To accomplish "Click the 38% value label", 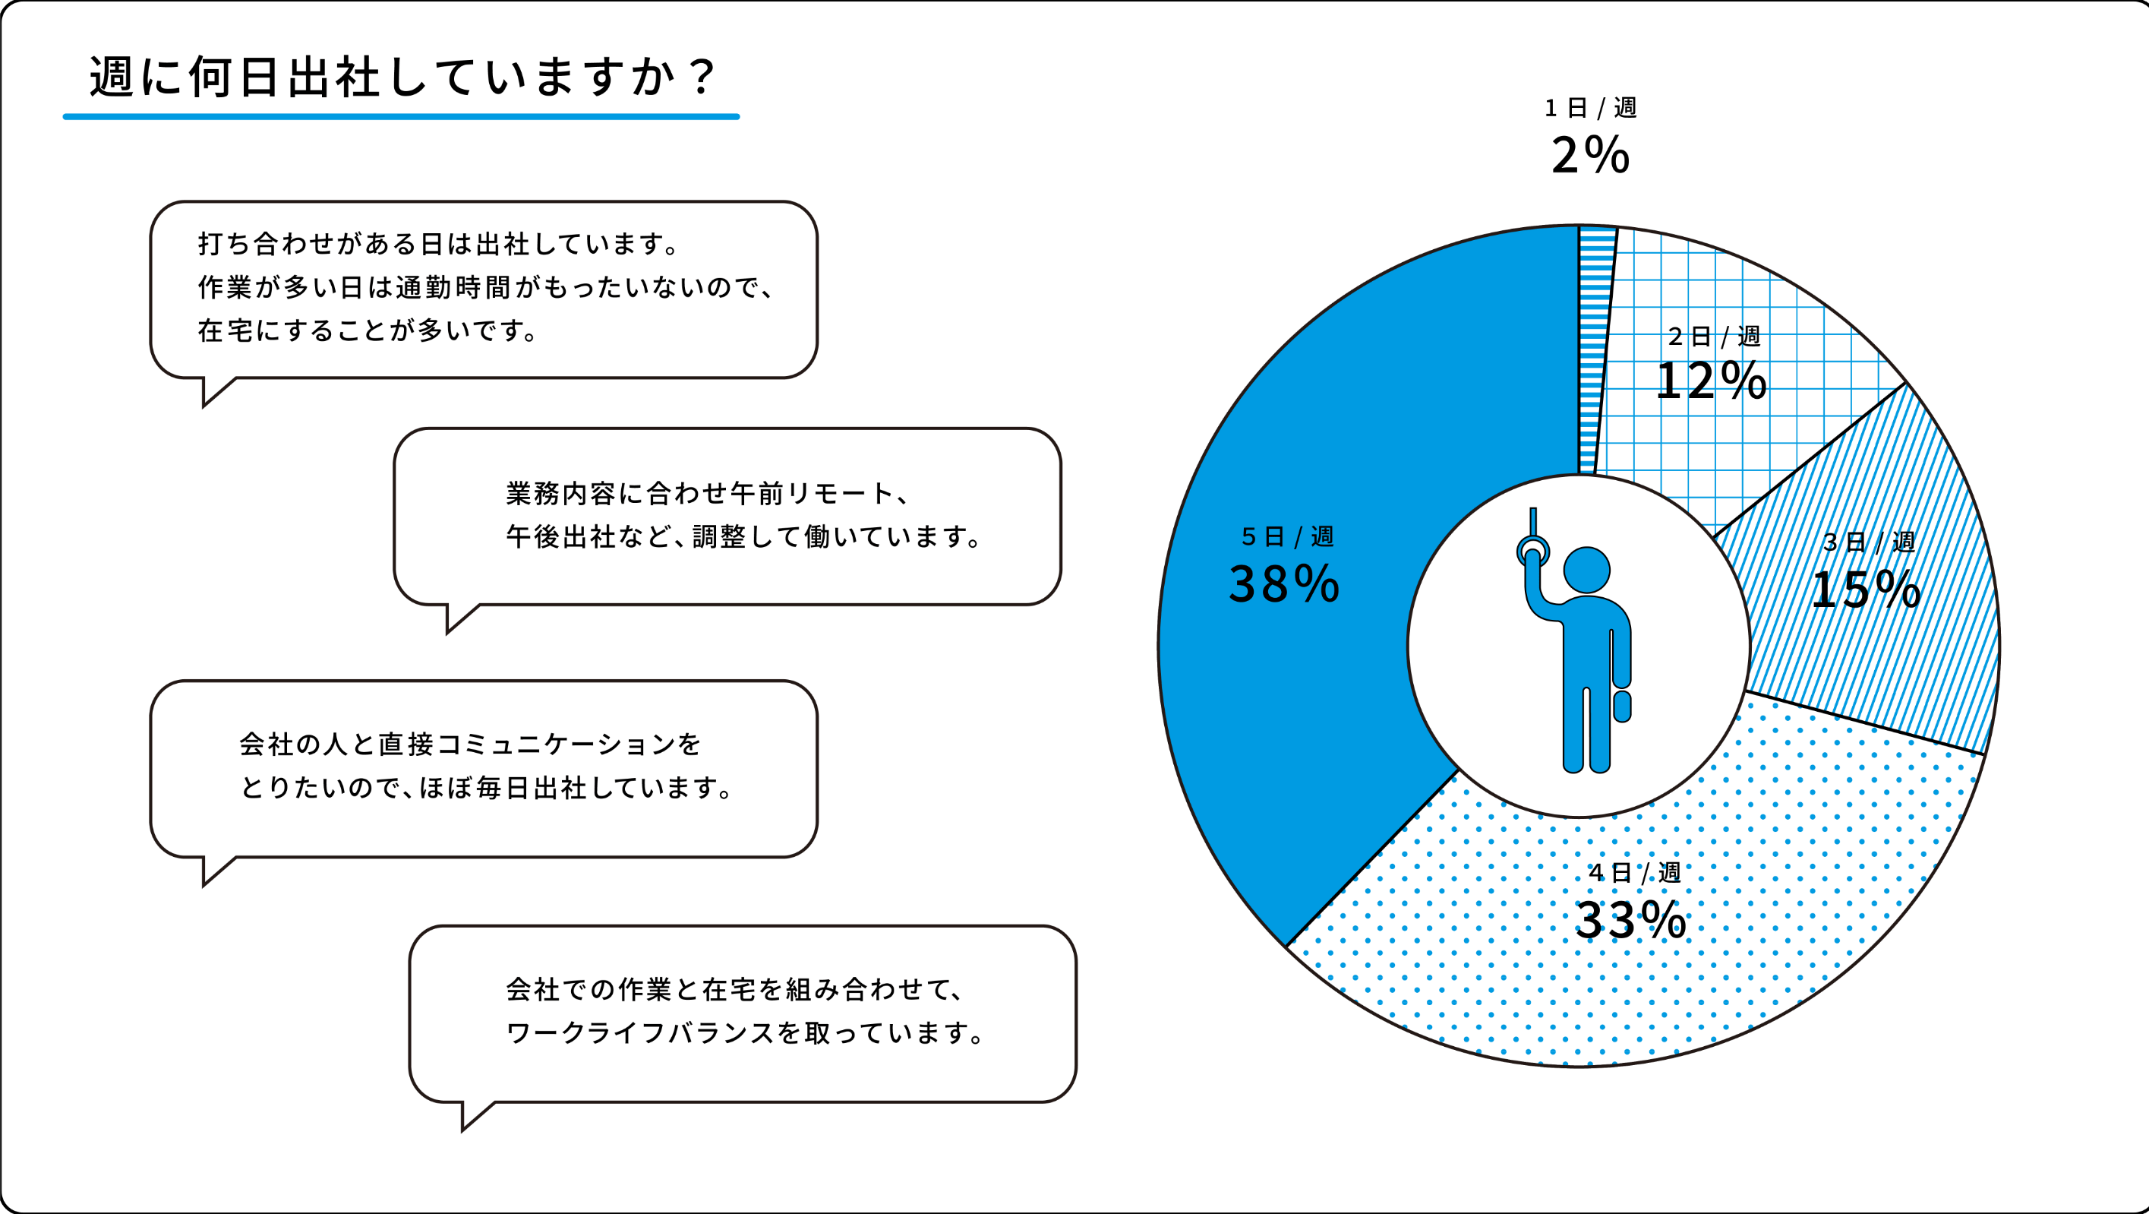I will pyautogui.click(x=1284, y=583).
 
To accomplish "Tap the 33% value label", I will pyautogui.click(x=1630, y=919).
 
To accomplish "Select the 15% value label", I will pyautogui.click(x=1865, y=589).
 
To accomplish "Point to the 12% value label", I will pyautogui.click(x=1710, y=381).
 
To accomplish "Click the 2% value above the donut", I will pyautogui.click(x=1590, y=155).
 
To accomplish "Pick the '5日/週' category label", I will pyautogui.click(x=1287, y=536).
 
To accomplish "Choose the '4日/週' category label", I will pyautogui.click(x=1634, y=873).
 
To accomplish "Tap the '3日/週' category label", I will pyautogui.click(x=1869, y=542).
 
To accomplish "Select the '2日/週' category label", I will pyautogui.click(x=1714, y=337).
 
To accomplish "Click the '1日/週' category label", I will pyautogui.click(x=1590, y=108).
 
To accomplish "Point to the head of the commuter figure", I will pyautogui.click(x=1586, y=570).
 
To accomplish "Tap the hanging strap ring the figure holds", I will pyautogui.click(x=1533, y=551).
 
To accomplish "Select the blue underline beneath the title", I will pyautogui.click(x=400, y=117).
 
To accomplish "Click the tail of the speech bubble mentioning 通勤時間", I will pyautogui.click(x=213, y=390).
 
